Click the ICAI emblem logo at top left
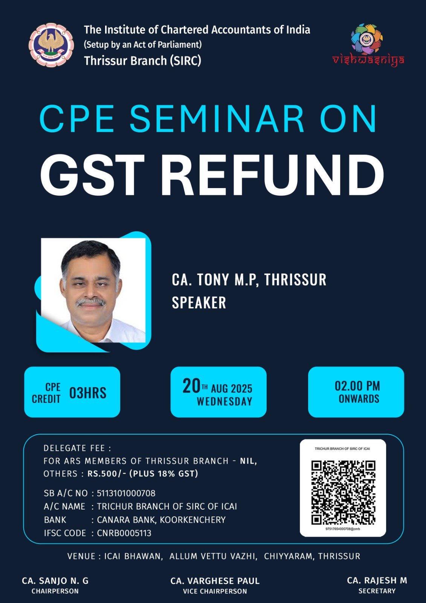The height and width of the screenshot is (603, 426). [51, 45]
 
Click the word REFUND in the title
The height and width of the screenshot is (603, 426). [272, 175]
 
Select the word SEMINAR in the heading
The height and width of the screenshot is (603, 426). [217, 119]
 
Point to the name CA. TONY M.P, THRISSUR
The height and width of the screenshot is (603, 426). [249, 279]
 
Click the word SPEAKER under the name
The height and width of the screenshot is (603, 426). [199, 303]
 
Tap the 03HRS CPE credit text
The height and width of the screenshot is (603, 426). [88, 393]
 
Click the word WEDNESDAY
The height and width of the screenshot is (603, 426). [224, 401]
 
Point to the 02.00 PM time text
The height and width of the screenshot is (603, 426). [357, 386]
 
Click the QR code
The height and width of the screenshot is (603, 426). [343, 493]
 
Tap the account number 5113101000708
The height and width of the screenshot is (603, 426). [126, 493]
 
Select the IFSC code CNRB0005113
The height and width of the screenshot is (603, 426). [124, 533]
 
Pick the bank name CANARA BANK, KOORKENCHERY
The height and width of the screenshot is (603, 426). [161, 520]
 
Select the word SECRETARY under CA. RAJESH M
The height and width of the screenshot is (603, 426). [377, 591]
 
